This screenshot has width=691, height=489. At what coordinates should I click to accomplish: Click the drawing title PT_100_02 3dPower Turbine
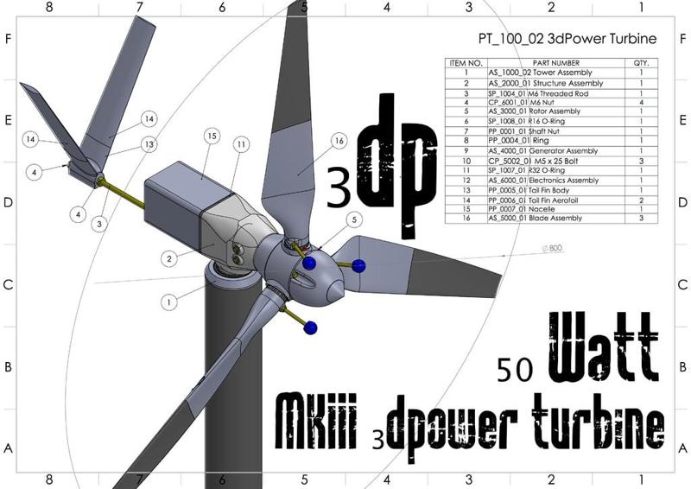567,39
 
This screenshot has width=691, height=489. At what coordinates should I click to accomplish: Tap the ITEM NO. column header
466,63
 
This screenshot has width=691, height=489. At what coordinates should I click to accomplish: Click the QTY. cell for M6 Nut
641,102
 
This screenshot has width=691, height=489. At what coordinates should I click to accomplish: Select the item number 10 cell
466,161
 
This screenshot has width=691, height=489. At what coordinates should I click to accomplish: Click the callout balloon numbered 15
209,137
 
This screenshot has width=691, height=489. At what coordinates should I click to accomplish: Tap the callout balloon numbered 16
338,139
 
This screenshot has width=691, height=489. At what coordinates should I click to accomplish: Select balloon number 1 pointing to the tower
168,302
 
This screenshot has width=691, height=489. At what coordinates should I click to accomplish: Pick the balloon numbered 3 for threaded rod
101,224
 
